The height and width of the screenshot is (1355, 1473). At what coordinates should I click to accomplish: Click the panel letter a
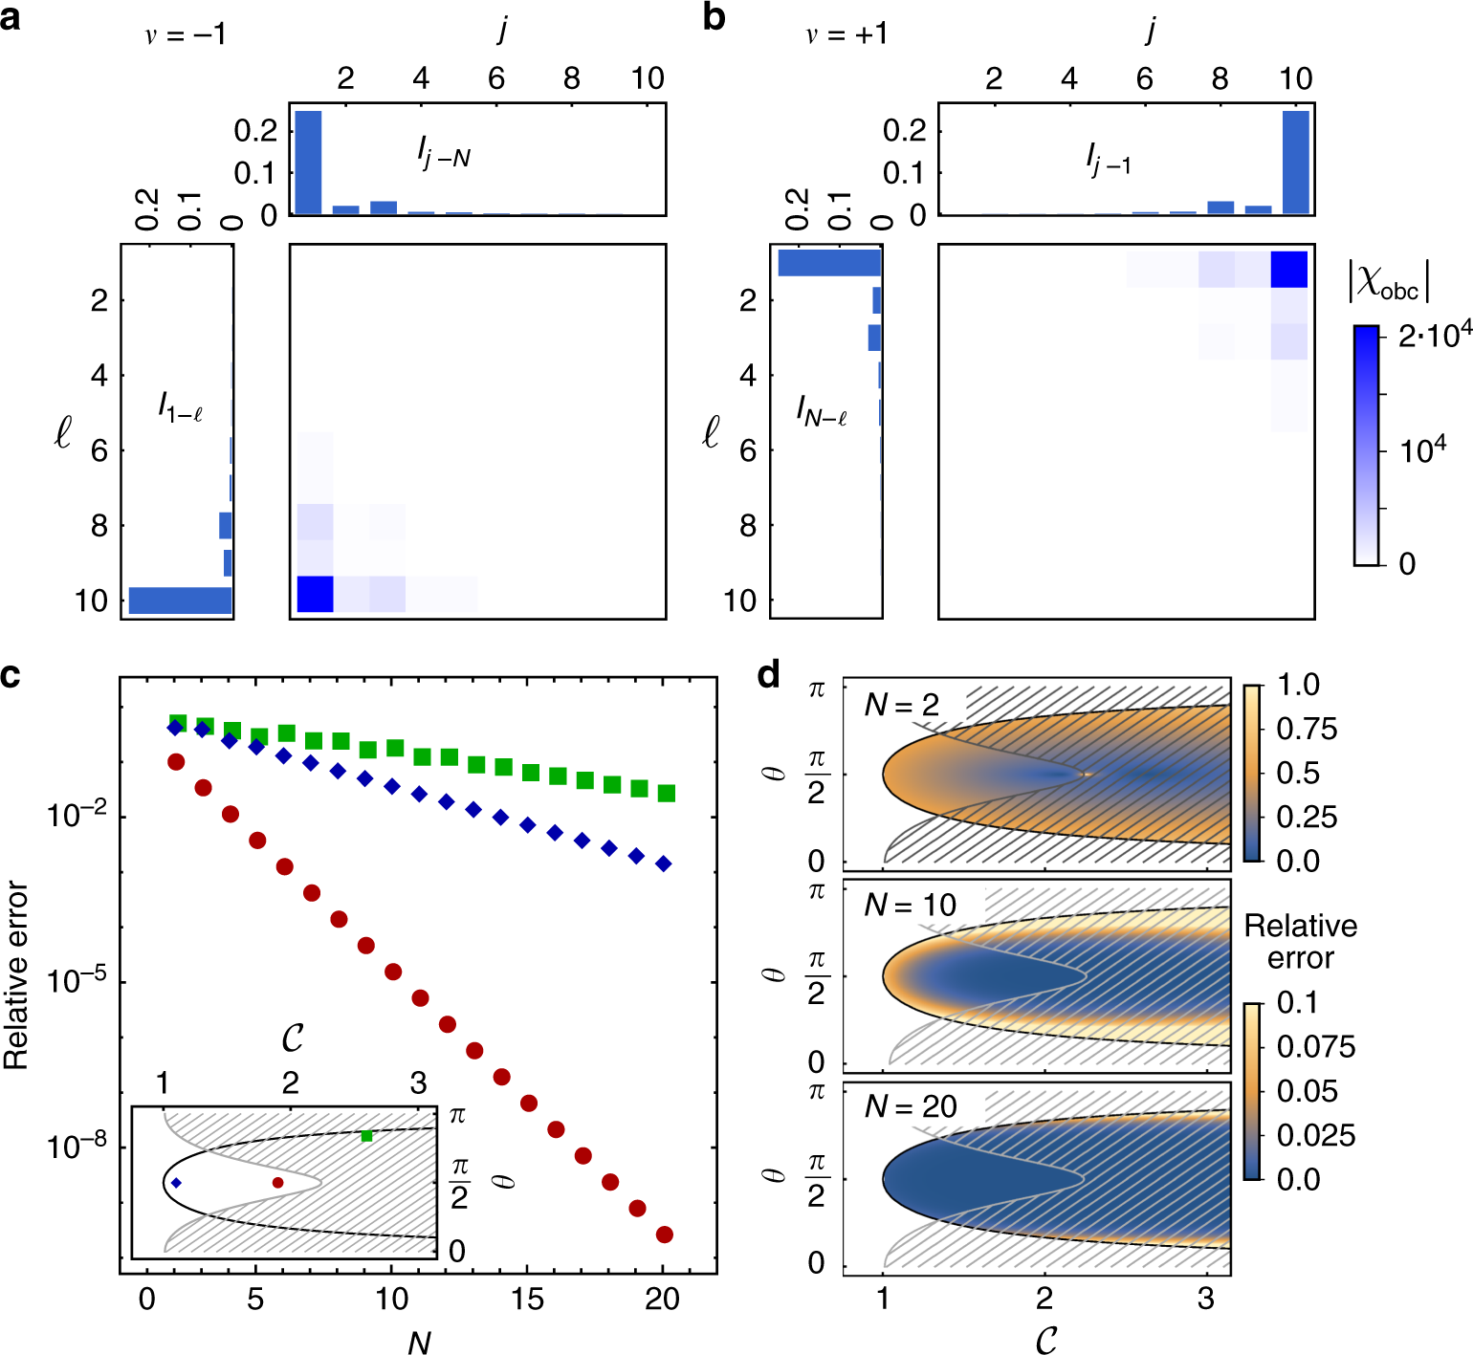(x=11, y=17)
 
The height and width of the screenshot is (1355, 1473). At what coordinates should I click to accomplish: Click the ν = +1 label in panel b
(x=846, y=35)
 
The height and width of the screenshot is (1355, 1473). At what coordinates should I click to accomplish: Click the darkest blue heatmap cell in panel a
(x=315, y=593)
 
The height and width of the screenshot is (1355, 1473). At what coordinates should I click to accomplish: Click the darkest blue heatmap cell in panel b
(x=1288, y=269)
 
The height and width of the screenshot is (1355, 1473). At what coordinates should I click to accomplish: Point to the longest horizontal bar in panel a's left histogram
(x=181, y=600)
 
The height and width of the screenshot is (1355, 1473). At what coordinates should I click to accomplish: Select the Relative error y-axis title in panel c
(x=16, y=974)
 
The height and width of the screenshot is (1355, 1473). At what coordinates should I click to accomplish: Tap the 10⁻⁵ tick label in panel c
(x=77, y=981)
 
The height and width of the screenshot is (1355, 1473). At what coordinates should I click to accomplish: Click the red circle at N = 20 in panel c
(x=664, y=1235)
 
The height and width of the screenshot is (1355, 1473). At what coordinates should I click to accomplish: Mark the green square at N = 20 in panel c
(x=667, y=793)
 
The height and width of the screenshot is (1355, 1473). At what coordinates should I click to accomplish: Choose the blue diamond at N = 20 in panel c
(x=664, y=863)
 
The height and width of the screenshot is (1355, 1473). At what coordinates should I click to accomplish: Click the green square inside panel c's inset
(x=367, y=1135)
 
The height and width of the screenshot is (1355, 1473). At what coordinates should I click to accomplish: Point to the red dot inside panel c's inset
(x=278, y=1183)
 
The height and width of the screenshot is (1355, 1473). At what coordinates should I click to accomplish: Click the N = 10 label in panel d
(x=910, y=905)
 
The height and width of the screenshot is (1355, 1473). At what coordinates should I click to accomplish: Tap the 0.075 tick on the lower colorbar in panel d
(x=1315, y=1047)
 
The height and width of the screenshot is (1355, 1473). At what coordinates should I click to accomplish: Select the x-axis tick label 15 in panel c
(x=527, y=1299)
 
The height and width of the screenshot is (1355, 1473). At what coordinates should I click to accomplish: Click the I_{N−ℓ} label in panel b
(x=821, y=411)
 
